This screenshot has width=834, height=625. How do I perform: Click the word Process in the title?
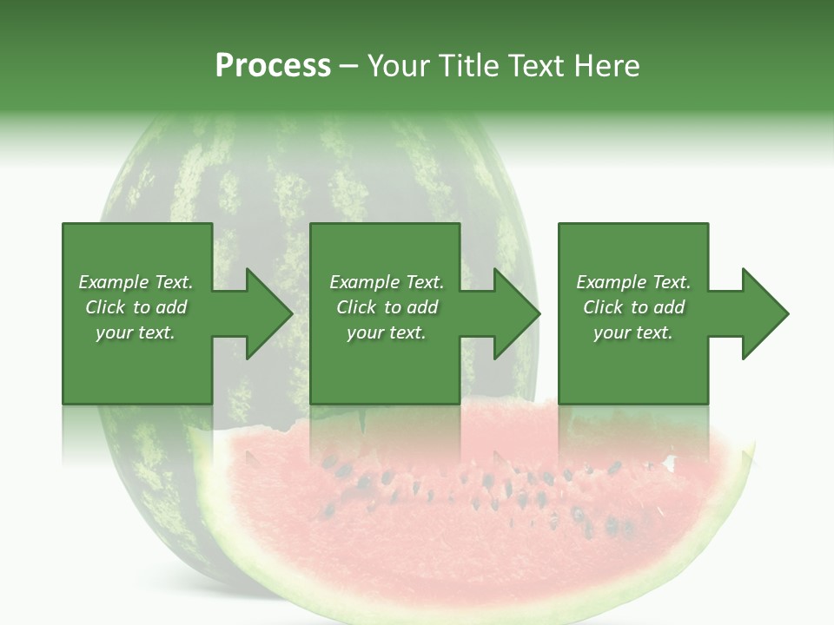click(x=273, y=65)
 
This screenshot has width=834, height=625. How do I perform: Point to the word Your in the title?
click(x=398, y=65)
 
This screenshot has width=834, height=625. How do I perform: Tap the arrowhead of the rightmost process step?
click(x=764, y=313)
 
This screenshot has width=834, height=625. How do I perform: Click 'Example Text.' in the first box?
click(x=136, y=282)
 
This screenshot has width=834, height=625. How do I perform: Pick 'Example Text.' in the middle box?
click(x=387, y=282)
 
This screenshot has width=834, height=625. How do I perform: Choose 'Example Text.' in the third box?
click(x=633, y=282)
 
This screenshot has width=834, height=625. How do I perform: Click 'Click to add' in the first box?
click(x=136, y=307)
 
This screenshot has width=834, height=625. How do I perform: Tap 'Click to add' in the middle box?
click(x=387, y=307)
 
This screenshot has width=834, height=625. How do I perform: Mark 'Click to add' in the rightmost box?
click(x=633, y=307)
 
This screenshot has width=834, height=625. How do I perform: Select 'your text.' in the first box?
click(x=136, y=332)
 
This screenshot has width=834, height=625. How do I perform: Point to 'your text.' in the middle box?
click(x=387, y=332)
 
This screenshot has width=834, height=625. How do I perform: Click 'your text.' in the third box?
click(x=633, y=332)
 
